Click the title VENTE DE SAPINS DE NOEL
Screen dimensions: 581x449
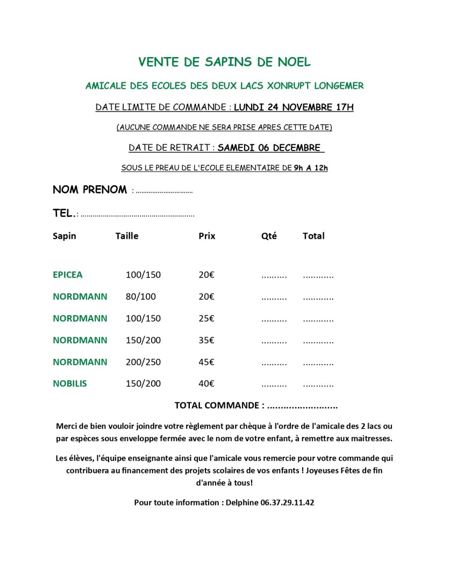(x=224, y=62)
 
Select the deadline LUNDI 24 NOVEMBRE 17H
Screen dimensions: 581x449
(x=294, y=107)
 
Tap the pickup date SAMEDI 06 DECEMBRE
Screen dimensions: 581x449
(x=269, y=148)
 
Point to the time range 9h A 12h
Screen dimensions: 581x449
(x=311, y=168)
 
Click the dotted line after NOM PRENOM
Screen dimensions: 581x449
(x=162, y=191)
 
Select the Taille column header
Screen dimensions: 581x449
(x=126, y=236)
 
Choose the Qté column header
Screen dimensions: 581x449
(x=269, y=236)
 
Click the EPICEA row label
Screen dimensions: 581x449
(x=68, y=275)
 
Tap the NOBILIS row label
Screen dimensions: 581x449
(x=70, y=384)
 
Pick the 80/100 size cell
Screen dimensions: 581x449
(x=140, y=296)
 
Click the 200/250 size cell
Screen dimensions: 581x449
(x=143, y=362)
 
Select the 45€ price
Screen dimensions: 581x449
(x=206, y=362)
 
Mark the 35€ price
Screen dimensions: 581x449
(x=206, y=340)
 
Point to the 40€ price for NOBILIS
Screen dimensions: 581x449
(x=206, y=384)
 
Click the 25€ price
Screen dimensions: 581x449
(x=206, y=318)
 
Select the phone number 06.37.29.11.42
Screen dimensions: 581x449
(x=287, y=502)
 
